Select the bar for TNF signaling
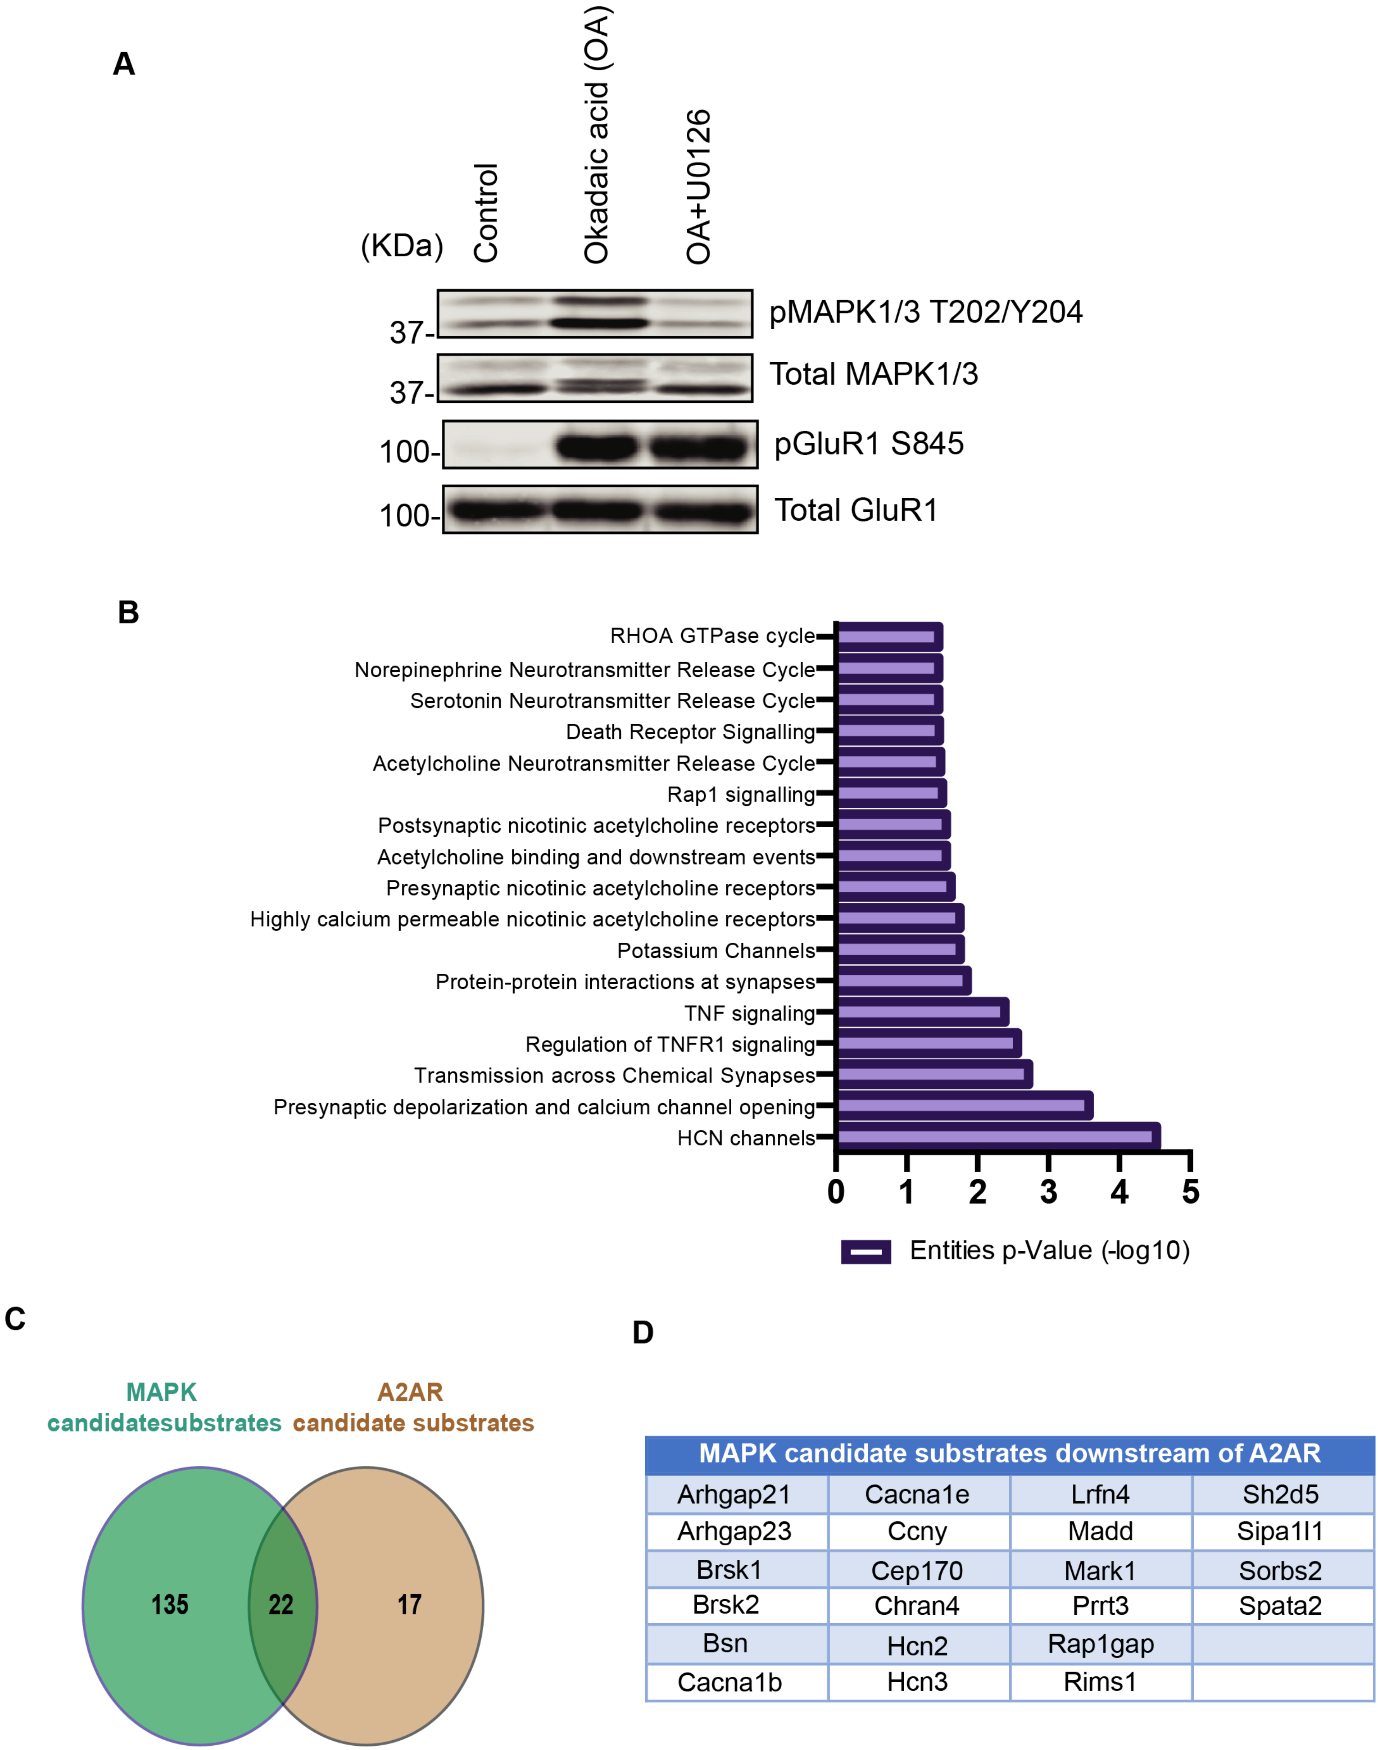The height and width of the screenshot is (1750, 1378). coord(922,1012)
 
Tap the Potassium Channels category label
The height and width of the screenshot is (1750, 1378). coord(716,951)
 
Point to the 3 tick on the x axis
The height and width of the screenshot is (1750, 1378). coord(1048,1191)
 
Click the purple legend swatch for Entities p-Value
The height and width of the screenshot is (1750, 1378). coord(866,1252)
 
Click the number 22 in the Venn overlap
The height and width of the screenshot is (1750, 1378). coord(281,1604)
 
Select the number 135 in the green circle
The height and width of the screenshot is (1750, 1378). coord(169,1604)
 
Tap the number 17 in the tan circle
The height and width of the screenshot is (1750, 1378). coord(409,1604)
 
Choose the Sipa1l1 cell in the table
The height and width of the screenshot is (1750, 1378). coord(1281,1530)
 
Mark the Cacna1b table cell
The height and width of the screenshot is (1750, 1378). coord(729,1682)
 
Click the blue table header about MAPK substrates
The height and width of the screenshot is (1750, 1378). coord(1009,1453)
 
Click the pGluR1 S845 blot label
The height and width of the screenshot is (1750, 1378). coord(869,444)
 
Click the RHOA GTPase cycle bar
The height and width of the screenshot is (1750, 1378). coord(889,637)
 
